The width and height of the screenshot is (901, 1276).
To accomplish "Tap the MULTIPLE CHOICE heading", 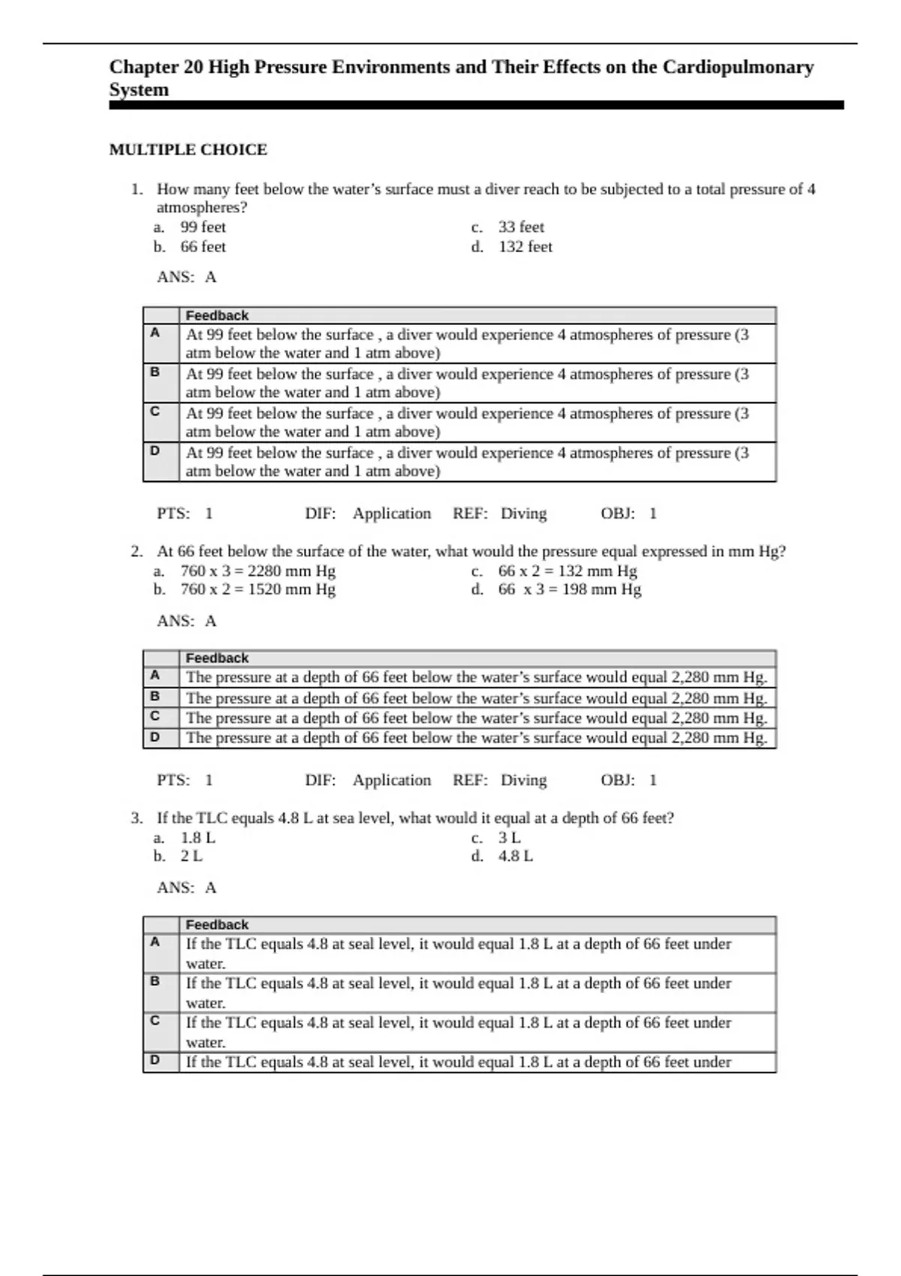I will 188,150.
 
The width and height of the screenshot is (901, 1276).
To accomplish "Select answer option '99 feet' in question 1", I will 203,227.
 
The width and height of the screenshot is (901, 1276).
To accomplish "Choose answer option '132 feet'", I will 525,247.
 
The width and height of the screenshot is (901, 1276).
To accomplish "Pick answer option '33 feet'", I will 521,227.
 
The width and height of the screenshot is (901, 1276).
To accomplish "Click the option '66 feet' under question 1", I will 203,247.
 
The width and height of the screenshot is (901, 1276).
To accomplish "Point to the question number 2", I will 136,552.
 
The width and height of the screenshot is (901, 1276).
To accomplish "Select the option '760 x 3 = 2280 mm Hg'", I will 258,571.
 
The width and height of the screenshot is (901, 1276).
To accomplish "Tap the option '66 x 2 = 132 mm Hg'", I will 567,571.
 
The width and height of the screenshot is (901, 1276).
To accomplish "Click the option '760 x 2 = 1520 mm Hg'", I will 258,590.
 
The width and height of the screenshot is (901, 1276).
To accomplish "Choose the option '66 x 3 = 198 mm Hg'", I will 569,590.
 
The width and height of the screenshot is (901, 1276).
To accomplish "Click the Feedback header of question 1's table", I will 217,316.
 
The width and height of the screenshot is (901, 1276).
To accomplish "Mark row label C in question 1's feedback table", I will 155,411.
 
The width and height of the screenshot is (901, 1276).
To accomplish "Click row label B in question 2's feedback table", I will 155,697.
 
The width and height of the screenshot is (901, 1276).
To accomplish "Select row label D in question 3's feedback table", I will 155,1061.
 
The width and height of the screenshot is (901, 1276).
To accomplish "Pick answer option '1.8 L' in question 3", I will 197,838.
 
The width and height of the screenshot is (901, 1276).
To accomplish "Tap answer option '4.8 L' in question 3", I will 515,856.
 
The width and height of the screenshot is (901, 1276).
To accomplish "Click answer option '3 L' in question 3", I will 509,838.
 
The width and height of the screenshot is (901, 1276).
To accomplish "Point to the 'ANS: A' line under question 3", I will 186,888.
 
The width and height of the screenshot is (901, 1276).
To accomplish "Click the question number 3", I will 136,818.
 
